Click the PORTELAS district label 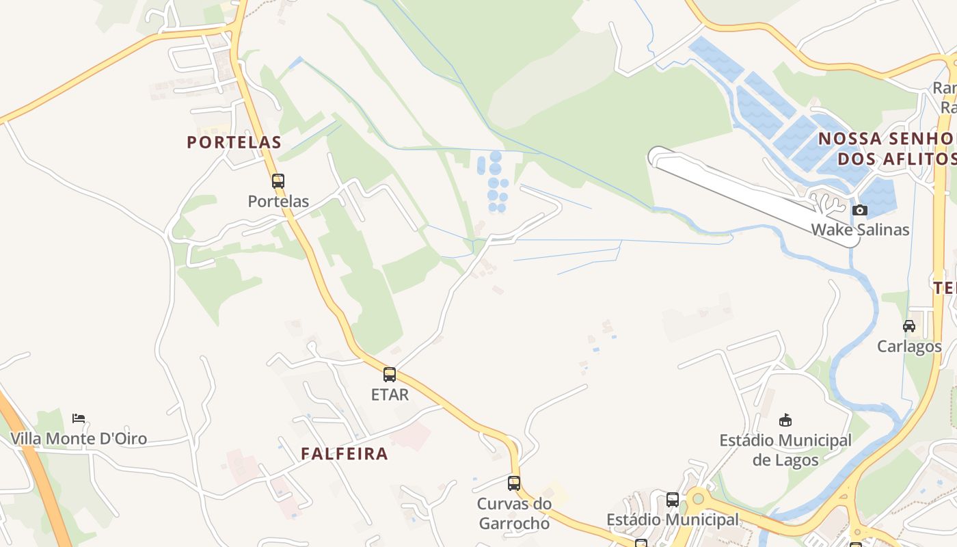click(234, 142)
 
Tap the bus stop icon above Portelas click(278, 181)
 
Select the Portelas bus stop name click(278, 202)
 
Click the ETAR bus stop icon click(390, 375)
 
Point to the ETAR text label click(390, 395)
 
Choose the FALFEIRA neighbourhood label click(345, 453)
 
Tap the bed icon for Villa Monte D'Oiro click(79, 418)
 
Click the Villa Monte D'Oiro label click(79, 438)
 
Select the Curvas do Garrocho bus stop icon click(514, 483)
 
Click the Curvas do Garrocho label click(514, 513)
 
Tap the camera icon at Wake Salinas click(860, 210)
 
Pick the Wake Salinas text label click(860, 230)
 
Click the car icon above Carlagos click(909, 326)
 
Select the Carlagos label click(909, 346)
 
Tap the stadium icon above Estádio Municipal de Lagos click(785, 420)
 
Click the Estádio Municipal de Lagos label click(785, 450)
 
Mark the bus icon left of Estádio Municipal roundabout click(673, 500)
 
